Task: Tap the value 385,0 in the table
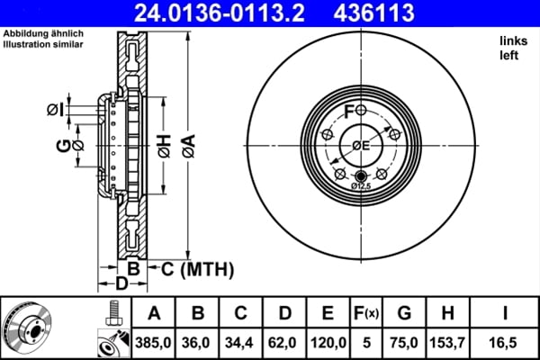coord(154,343)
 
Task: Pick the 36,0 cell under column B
coord(198,343)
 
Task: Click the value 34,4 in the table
coord(241,343)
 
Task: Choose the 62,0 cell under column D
coord(284,343)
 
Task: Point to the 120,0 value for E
coord(328,343)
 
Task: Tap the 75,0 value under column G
coord(403,343)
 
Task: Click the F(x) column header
coord(366,314)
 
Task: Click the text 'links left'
coord(512,49)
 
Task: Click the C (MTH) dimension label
coord(197,269)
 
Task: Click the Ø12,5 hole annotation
coord(361,185)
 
